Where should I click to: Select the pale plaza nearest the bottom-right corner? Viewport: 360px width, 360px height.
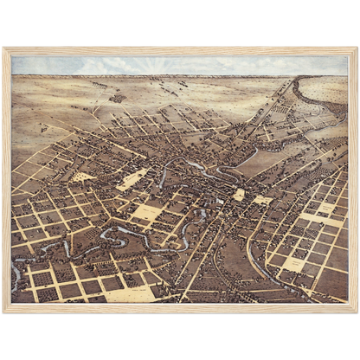click(x=294, y=263)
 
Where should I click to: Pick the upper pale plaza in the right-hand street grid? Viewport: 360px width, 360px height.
click(x=326, y=209)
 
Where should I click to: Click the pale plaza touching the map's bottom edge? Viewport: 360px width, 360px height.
click(x=130, y=294)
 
